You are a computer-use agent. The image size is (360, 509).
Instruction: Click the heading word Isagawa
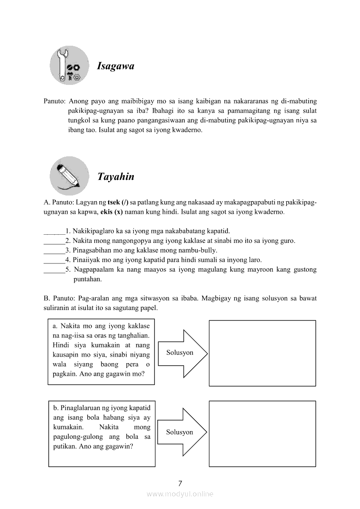[x=115, y=67]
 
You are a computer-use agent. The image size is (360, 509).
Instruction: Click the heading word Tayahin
[x=115, y=177]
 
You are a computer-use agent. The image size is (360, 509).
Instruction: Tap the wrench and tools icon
[x=69, y=65]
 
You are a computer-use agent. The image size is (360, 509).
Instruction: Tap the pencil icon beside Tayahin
[x=69, y=175]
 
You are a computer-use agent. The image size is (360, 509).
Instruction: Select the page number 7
[x=180, y=483]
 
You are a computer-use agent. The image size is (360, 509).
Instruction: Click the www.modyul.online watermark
[x=180, y=494]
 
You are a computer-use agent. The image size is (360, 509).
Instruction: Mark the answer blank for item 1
[x=54, y=231]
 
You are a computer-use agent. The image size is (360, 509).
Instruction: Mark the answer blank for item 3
[x=54, y=250]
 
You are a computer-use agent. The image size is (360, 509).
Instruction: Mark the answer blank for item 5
[x=54, y=270]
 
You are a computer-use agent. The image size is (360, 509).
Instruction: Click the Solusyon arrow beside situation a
[x=182, y=353]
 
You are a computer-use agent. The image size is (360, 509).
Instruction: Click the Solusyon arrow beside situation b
[x=182, y=432]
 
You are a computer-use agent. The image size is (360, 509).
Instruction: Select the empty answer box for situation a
[x=262, y=353]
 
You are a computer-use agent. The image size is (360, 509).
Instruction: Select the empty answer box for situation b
[x=262, y=434]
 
